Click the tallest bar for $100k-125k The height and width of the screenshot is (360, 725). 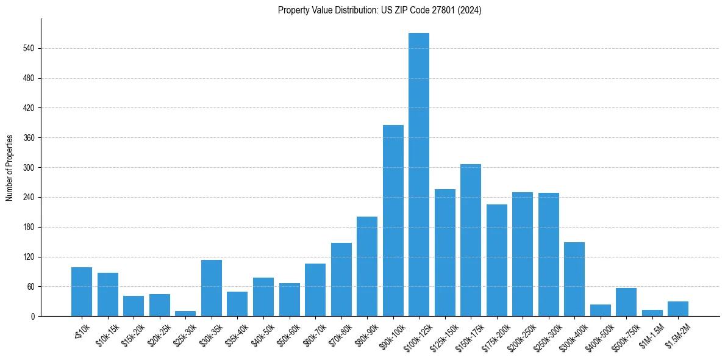click(x=419, y=175)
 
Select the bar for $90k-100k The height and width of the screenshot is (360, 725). click(x=393, y=221)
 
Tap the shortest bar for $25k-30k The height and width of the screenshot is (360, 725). click(x=185, y=314)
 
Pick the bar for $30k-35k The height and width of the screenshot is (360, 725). click(x=212, y=288)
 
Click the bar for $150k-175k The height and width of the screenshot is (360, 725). click(x=471, y=240)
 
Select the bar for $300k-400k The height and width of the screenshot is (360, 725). click(x=574, y=279)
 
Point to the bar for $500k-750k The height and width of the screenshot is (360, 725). click(x=626, y=302)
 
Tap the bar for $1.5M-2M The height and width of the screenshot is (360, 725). click(x=678, y=309)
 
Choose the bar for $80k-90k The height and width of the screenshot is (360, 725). click(x=367, y=267)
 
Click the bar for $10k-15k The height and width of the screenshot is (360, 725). click(x=108, y=295)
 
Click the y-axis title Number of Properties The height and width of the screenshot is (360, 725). click(x=10, y=168)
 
